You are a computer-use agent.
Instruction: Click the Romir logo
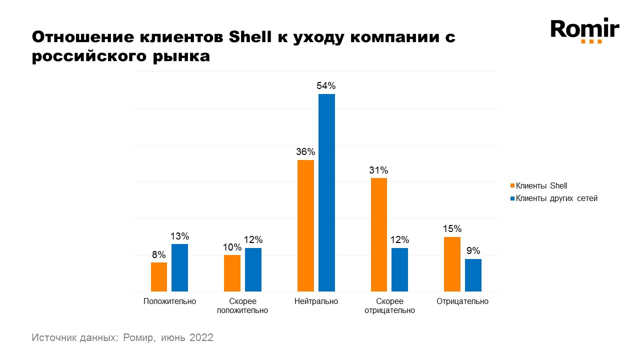tap(584, 30)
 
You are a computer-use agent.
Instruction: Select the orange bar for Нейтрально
tap(305, 225)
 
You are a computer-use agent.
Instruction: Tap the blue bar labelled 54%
tap(326, 192)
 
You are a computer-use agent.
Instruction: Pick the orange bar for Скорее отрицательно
tap(379, 234)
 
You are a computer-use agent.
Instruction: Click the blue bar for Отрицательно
tap(473, 275)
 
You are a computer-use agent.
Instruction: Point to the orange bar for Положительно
tap(159, 277)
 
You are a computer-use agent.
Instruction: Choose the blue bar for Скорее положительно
tap(253, 269)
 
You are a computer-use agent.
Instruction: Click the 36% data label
tap(305, 151)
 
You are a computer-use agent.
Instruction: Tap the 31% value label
tap(379, 170)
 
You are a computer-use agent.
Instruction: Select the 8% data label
tap(159, 254)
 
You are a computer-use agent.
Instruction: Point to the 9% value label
tap(473, 251)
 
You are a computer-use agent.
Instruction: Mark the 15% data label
tap(452, 229)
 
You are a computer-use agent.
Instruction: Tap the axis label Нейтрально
tap(316, 301)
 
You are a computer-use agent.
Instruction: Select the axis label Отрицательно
tap(462, 301)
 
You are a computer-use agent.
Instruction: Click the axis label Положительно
tap(169, 301)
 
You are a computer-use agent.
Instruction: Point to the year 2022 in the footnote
tap(201, 337)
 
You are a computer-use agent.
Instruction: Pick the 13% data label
tap(180, 236)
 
